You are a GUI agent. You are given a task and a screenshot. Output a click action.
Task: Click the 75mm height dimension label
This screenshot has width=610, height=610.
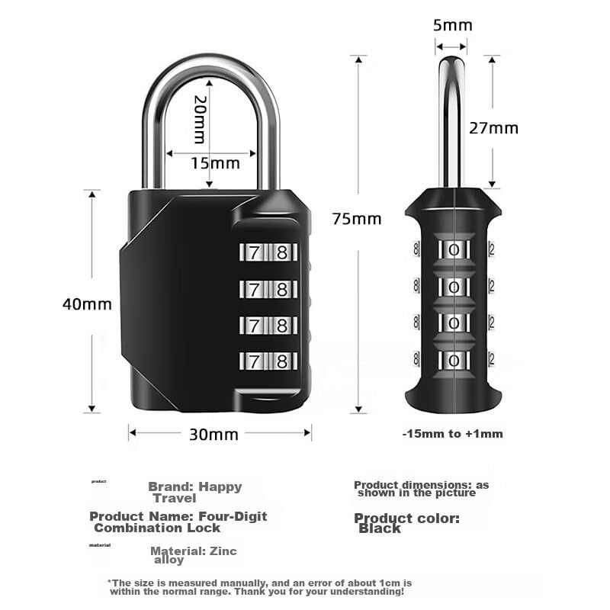point(356,219)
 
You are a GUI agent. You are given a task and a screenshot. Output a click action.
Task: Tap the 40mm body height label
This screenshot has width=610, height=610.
point(87,303)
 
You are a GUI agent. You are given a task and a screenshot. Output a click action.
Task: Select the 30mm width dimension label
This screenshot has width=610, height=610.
point(213,435)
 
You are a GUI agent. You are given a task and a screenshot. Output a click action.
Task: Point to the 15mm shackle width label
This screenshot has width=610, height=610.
point(215,162)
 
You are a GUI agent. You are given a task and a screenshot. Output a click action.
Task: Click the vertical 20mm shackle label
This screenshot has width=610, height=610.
point(200,120)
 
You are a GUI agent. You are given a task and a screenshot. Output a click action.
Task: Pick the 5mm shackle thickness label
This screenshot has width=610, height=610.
point(452,25)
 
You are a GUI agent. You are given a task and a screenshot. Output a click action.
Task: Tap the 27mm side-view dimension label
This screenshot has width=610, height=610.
point(493,127)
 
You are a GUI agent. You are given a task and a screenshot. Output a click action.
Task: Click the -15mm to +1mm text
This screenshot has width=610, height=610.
point(452,434)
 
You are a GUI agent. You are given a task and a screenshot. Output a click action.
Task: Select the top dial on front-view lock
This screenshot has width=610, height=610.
point(267,252)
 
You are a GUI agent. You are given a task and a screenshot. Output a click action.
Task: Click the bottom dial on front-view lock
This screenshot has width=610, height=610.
point(267,361)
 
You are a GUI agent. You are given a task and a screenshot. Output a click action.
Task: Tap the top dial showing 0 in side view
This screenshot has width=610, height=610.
point(454,249)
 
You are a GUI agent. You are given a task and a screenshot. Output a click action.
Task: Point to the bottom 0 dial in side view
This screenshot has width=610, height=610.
point(454,358)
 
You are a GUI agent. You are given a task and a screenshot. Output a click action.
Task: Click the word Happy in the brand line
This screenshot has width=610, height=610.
point(221,486)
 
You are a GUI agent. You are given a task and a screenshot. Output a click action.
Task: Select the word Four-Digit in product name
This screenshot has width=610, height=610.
point(233,516)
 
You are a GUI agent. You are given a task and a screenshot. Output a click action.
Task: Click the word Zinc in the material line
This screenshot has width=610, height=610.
point(222,551)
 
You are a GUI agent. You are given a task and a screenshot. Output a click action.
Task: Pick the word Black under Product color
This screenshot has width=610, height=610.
point(379,528)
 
